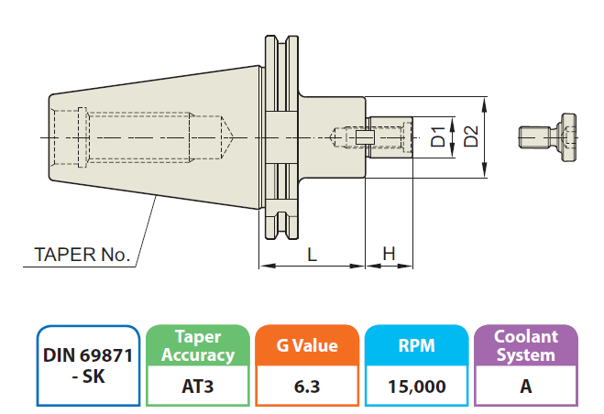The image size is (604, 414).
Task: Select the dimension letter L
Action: coord(313,256)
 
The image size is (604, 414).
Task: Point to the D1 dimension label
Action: coord(439,136)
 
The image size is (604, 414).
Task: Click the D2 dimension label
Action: coord(471,136)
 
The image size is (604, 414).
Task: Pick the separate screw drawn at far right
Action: coord(546,137)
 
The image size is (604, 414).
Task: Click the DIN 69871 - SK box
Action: coord(88,365)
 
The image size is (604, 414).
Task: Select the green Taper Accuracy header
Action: coord(198,345)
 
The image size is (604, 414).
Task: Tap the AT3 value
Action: coord(198,387)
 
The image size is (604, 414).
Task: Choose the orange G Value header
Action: coord(307,345)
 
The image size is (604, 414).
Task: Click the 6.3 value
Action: coord(307,387)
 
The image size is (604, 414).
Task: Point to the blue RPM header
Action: coord(416,345)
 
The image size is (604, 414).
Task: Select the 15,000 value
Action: coord(416,387)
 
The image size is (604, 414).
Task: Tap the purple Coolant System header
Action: coord(525,345)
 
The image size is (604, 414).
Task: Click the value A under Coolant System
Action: coord(525,387)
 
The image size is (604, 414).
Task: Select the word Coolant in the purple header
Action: coord(525,336)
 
